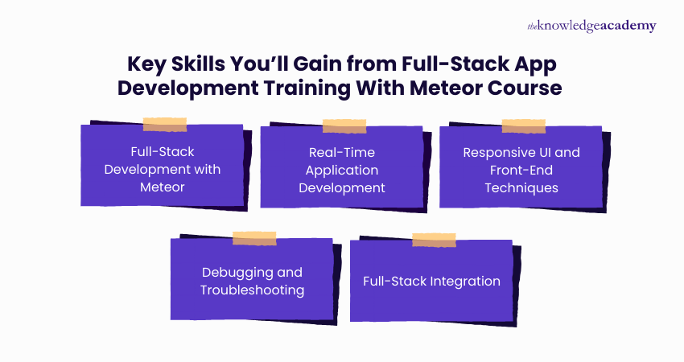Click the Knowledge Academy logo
pos(591,26)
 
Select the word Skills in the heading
pos(204,64)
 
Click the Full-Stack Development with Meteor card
pos(162,170)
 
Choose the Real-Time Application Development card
pos(342,170)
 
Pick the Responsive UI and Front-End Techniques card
pos(521,170)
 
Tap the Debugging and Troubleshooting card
pos(252,281)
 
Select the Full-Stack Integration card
pos(431,281)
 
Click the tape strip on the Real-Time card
pos(344,126)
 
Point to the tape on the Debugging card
pos(254,238)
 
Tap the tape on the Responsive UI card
pos(523,126)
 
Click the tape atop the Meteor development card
pos(165,125)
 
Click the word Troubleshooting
pos(252,290)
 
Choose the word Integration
pos(467,282)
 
